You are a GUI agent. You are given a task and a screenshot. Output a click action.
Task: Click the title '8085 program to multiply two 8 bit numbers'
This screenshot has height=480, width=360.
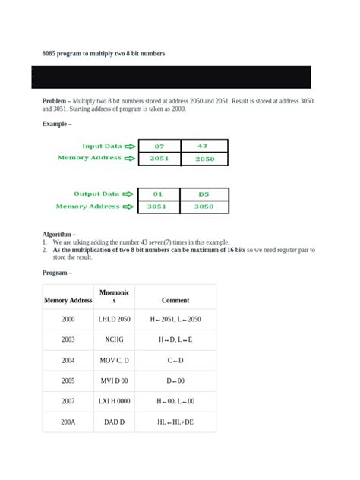[x=103, y=54]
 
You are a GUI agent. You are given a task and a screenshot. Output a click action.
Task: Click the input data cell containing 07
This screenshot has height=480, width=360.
[x=159, y=146]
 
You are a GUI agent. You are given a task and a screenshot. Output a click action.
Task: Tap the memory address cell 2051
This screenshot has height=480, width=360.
[x=159, y=159]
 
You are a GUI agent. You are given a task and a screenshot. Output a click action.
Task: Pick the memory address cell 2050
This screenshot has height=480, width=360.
[x=204, y=159]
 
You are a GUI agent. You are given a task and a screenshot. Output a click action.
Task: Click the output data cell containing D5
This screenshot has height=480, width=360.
[x=204, y=194]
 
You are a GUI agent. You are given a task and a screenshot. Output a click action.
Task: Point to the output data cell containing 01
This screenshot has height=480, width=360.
[x=159, y=194]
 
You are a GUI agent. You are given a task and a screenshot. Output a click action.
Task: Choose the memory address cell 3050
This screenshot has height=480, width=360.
[x=204, y=207]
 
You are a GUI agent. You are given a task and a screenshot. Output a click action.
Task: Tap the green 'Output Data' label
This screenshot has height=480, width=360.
[x=96, y=194]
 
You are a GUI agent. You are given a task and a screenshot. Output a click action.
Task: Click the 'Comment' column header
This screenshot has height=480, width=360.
[x=175, y=300]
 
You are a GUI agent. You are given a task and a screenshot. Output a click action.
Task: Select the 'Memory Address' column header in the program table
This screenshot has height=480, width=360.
[x=68, y=300]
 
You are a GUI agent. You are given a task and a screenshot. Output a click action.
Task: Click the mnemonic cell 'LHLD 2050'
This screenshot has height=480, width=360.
[x=114, y=320]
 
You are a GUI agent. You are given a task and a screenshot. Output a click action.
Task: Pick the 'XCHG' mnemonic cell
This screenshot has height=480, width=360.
[x=114, y=340]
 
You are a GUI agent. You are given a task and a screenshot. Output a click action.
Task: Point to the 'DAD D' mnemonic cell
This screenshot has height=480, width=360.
[x=114, y=421]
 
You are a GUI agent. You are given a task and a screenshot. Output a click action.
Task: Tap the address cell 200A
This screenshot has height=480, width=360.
[x=68, y=421]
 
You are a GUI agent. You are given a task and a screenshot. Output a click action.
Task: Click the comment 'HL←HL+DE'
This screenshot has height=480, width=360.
[x=175, y=421]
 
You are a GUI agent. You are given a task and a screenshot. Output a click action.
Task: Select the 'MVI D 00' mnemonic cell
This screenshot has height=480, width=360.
[x=114, y=381]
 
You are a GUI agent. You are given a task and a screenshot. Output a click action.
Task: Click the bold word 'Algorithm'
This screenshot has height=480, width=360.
[x=58, y=235]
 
